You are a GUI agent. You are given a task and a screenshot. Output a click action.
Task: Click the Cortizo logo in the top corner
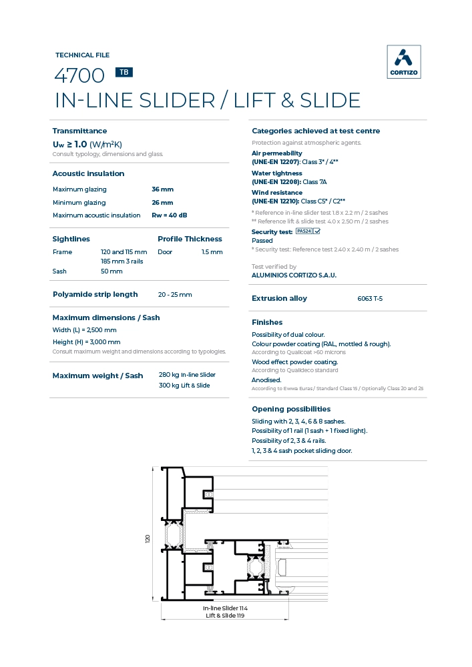(x=404, y=62)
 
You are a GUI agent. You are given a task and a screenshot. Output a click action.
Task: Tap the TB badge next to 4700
(x=124, y=73)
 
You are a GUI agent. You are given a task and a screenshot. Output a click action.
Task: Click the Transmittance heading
(x=79, y=131)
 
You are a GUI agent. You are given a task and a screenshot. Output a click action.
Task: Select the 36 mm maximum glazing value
(x=162, y=189)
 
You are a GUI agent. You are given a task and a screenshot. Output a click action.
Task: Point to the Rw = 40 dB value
(x=170, y=215)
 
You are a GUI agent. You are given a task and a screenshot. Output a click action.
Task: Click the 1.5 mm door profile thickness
(x=212, y=252)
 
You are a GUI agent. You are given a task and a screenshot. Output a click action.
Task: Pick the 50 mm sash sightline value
(x=111, y=271)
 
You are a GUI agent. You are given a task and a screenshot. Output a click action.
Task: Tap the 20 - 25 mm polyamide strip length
(x=175, y=295)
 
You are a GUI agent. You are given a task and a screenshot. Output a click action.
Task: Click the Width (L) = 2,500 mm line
(x=85, y=330)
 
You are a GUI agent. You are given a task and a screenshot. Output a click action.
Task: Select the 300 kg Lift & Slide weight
(x=184, y=386)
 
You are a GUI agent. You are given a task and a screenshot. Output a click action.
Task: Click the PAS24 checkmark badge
(x=308, y=231)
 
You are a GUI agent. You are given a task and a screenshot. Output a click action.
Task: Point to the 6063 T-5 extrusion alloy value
(x=370, y=299)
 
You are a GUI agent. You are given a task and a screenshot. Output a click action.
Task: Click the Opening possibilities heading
(x=291, y=409)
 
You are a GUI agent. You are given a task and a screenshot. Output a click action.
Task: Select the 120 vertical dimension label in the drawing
(x=148, y=538)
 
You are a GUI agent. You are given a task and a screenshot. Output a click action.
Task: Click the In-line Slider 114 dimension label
(x=225, y=608)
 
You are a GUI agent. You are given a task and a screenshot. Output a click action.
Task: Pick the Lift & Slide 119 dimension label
(x=225, y=616)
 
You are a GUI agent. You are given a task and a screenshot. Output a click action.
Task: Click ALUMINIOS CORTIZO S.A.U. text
(x=294, y=275)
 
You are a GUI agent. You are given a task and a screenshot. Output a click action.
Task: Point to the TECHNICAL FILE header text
(x=82, y=55)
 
